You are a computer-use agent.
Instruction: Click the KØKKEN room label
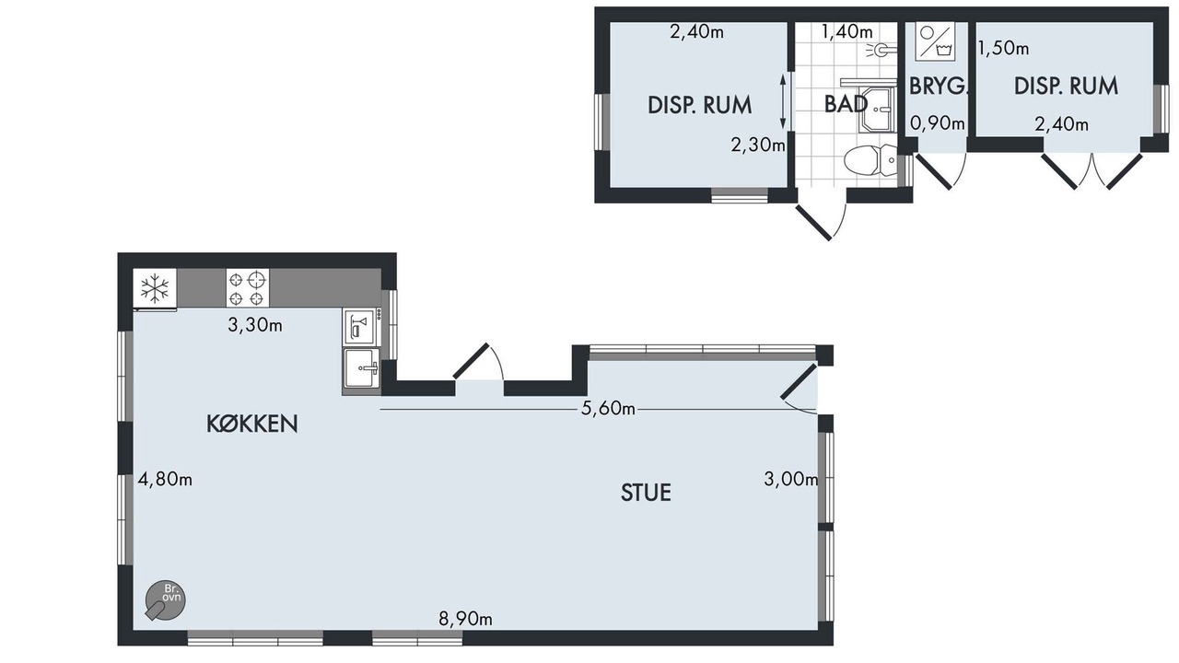tap(252, 424)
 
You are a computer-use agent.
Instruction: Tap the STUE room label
tap(646, 493)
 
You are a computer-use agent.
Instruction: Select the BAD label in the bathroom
tap(846, 104)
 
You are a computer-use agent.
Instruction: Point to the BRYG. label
tap(939, 87)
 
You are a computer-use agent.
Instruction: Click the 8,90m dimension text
tap(466, 620)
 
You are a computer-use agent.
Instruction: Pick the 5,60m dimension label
tap(608, 408)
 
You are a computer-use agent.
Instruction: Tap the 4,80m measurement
tap(165, 480)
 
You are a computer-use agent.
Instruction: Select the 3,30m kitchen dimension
tap(255, 325)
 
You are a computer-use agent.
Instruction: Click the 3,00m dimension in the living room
tap(791, 479)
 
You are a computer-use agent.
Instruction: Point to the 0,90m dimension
tap(938, 123)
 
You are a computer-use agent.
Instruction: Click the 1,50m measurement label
tap(1003, 49)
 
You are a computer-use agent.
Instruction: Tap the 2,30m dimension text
tap(758, 145)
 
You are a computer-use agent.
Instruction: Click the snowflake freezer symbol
tap(155, 288)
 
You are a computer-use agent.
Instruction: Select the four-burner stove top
tap(248, 288)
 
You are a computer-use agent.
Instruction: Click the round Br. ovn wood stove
tap(165, 600)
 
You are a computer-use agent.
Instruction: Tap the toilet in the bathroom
tap(870, 160)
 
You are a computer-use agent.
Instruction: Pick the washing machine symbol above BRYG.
tap(935, 40)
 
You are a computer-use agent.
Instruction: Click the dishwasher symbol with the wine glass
tap(359, 326)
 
